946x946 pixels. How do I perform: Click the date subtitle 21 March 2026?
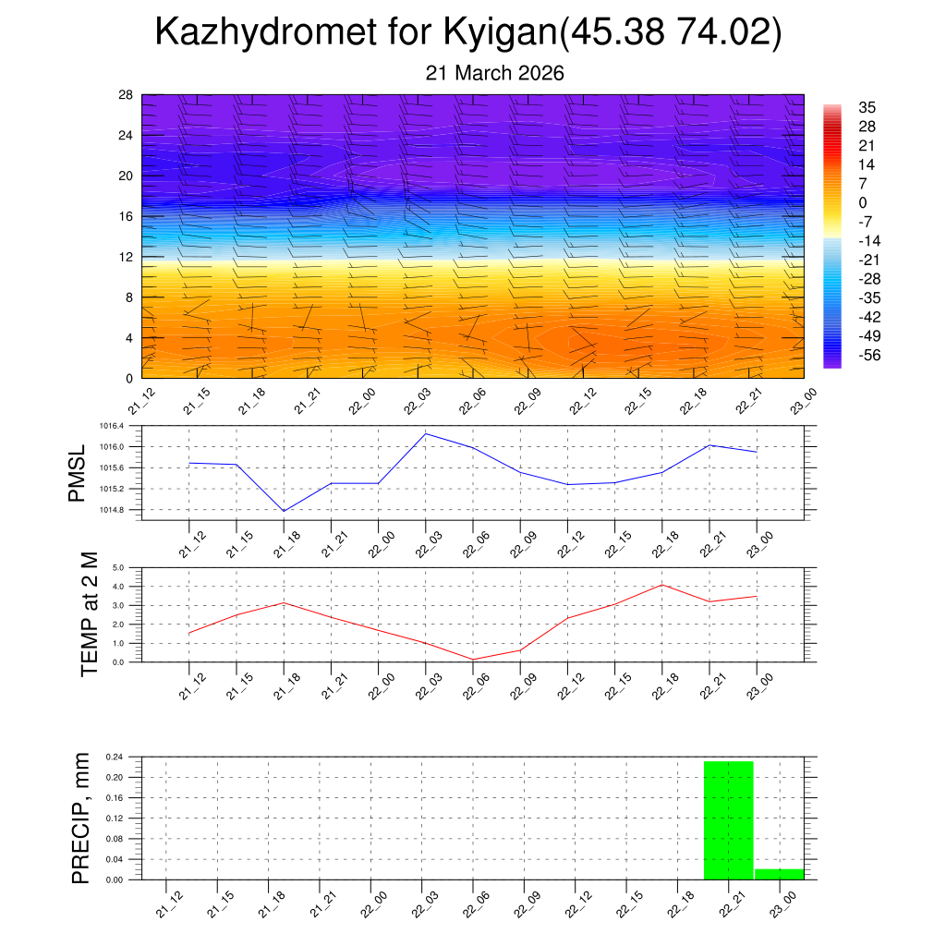(x=494, y=73)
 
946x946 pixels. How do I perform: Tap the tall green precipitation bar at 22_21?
(x=728, y=820)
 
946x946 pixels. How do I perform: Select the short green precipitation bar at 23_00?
(x=779, y=874)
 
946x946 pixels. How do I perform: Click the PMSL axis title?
(x=77, y=474)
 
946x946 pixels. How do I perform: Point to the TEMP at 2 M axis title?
(x=89, y=614)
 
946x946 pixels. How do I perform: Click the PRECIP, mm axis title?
(x=80, y=818)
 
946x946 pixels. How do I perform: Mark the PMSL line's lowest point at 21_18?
(x=284, y=511)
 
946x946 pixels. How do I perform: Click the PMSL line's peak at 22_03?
(x=426, y=433)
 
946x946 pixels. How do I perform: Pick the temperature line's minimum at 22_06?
(x=473, y=660)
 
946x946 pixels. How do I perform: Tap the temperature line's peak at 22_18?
(x=662, y=585)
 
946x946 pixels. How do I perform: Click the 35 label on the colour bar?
(x=867, y=107)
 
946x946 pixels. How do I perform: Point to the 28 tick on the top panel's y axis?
(x=127, y=94)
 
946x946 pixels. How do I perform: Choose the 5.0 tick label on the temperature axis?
(x=118, y=568)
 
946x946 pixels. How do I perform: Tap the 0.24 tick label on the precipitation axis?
(x=115, y=757)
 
